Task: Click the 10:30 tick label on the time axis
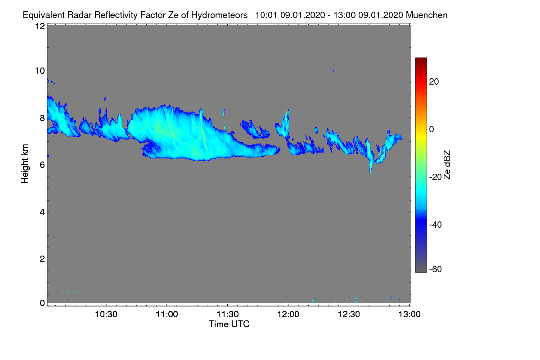(106, 314)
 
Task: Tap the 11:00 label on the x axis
(167, 314)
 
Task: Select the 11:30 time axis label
(228, 314)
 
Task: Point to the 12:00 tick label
(288, 314)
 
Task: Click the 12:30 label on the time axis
(349, 314)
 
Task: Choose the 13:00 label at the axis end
(409, 314)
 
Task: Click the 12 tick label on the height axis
(40, 26)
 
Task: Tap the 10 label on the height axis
(40, 71)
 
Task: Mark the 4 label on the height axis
(42, 212)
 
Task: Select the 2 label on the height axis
(42, 259)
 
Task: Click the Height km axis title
(25, 164)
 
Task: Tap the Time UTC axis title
(229, 324)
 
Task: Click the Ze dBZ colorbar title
(447, 165)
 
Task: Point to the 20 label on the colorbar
(434, 82)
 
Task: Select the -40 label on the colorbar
(436, 225)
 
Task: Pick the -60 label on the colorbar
(436, 269)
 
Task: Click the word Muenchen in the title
(427, 15)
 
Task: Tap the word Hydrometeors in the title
(220, 15)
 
